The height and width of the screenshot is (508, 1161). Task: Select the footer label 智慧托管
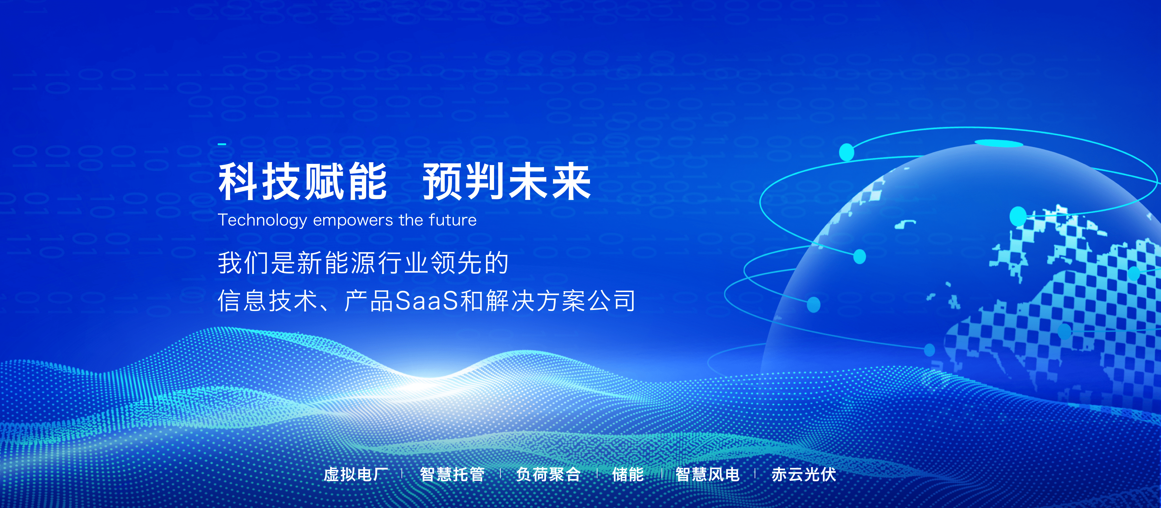[452, 474]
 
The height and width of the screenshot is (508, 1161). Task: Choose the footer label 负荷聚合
[548, 474]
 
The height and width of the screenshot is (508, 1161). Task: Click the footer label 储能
[628, 474]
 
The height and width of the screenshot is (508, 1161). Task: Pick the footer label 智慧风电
[707, 474]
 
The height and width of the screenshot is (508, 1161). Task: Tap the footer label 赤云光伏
[804, 474]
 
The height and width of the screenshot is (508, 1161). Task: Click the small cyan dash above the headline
[222, 144]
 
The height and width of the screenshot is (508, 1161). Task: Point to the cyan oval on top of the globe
[999, 143]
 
